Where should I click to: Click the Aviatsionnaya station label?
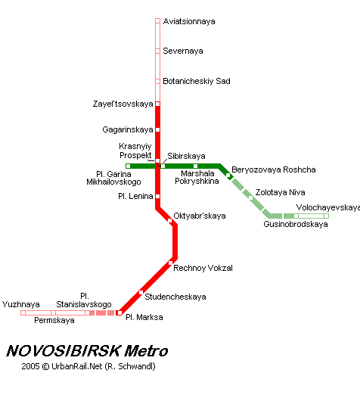point(189,21)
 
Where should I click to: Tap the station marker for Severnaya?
point(157,51)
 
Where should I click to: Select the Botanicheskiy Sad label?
point(197,81)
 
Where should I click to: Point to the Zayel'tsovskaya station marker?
point(157,104)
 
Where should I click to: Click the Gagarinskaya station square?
point(157,129)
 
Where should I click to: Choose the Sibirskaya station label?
point(186,156)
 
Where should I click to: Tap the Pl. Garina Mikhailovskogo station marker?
point(129,166)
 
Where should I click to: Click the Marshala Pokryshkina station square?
point(195,166)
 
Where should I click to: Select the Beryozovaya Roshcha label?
point(274,169)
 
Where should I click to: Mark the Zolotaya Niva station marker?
point(250,197)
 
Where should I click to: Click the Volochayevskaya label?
point(328,207)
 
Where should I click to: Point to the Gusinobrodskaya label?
point(296,224)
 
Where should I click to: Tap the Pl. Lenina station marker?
point(157,196)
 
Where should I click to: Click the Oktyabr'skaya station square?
point(169,221)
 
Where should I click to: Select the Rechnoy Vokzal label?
point(203,268)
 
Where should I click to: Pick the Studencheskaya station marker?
point(141,292)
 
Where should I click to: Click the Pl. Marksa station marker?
point(119,312)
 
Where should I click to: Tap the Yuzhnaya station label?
point(21,304)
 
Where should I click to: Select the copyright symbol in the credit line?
point(45,366)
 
